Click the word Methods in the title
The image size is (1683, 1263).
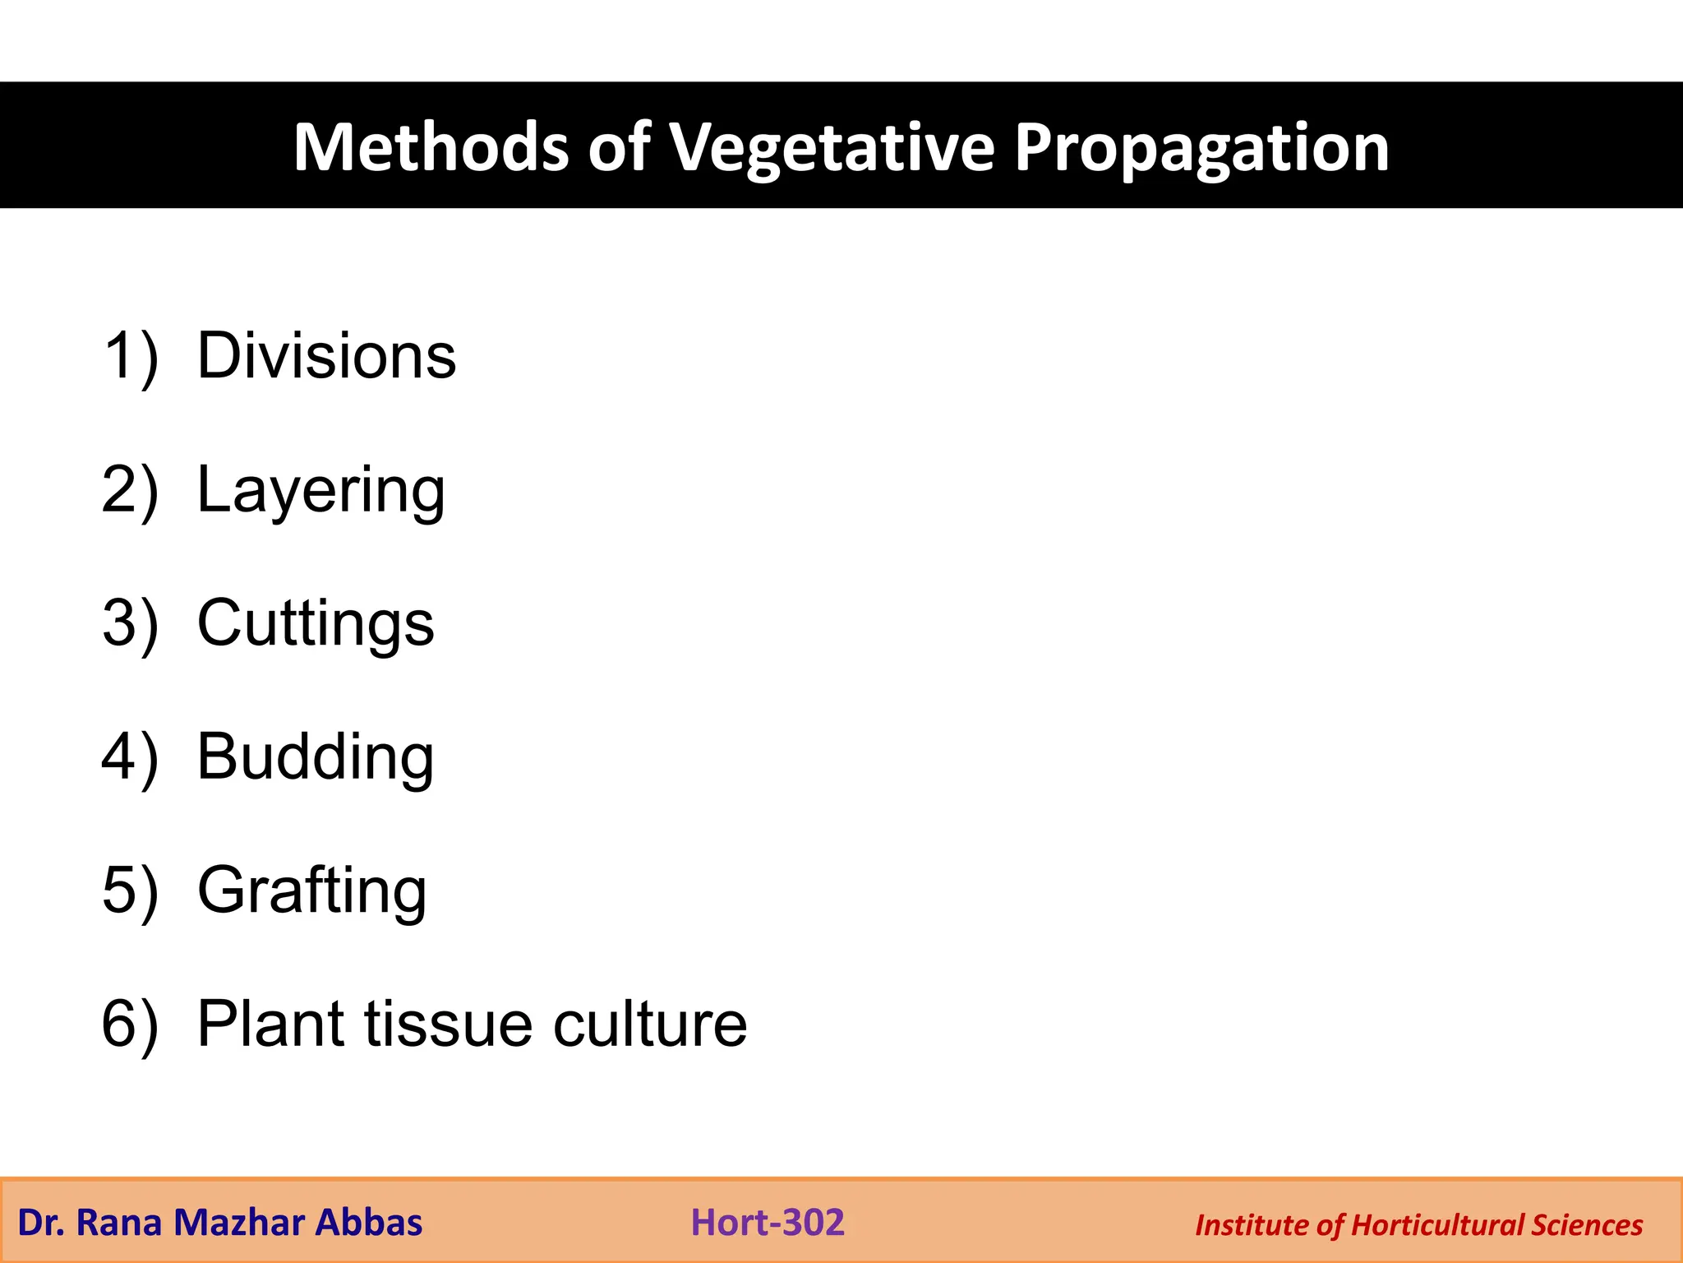[431, 148]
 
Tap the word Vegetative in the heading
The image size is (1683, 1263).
[831, 148]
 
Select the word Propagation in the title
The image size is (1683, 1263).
[1201, 148]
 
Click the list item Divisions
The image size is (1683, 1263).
[326, 356]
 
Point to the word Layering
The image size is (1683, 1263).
[320, 490]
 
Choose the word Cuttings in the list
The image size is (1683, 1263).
[316, 623]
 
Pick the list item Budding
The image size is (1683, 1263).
[316, 756]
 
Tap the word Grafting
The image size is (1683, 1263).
[312, 891]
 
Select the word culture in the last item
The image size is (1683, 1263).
[650, 1024]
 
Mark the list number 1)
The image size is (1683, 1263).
[130, 356]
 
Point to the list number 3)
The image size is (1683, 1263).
[130, 623]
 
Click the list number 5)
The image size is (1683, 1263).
[130, 891]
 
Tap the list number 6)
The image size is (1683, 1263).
[130, 1024]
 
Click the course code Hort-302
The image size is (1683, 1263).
[768, 1223]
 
